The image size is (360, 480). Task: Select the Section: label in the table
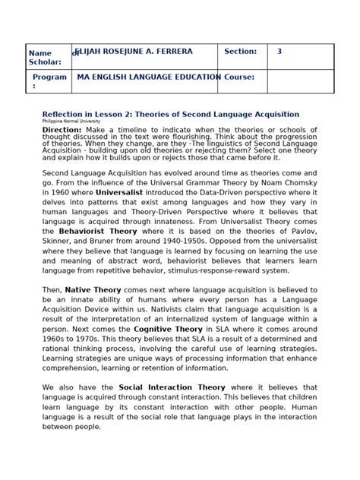[x=241, y=52]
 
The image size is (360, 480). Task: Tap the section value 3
[x=279, y=52]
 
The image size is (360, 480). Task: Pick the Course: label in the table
[x=238, y=77]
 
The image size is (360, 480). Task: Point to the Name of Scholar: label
[x=45, y=57]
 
